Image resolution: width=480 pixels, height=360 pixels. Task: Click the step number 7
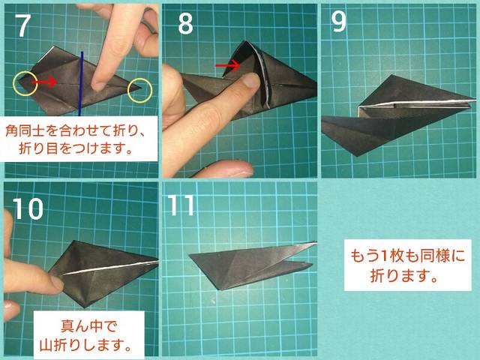coord(24,26)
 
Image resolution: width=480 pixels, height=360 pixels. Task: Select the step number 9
coord(339,22)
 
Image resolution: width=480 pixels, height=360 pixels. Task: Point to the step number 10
coord(28,208)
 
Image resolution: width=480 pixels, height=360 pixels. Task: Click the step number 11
coord(181,205)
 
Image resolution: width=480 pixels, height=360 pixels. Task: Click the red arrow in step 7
coord(44,82)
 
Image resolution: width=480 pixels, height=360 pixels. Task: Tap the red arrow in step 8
coord(228,65)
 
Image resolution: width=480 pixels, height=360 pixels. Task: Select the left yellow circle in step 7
coord(25,83)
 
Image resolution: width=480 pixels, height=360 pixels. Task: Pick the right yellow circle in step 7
coord(139,90)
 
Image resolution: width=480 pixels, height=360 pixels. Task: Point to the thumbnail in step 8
coord(250,80)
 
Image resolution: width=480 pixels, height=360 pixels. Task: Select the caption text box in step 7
coord(79,139)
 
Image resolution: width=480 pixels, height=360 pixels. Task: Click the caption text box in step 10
coord(88,335)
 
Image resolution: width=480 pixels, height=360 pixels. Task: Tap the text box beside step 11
coord(407,265)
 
